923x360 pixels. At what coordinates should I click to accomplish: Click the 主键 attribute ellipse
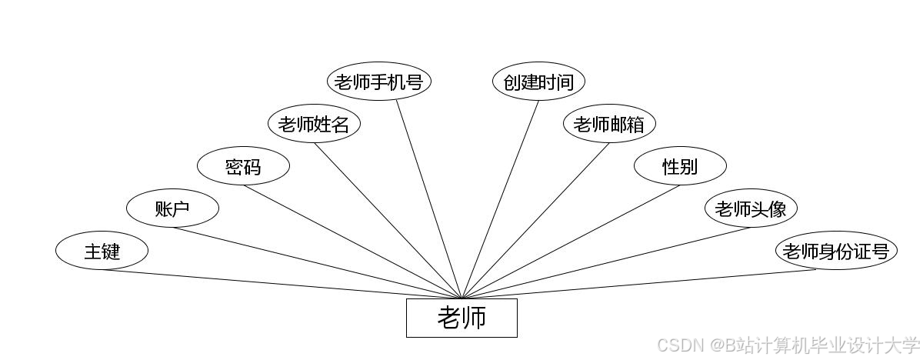pos(102,251)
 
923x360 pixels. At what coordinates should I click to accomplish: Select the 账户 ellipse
pos(172,208)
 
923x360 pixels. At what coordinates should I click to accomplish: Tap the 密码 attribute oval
pos(243,166)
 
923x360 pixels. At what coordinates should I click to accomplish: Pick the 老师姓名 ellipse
pos(314,124)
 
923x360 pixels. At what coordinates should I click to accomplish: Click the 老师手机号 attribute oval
pos(378,82)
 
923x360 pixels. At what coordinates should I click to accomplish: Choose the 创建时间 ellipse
pos(538,82)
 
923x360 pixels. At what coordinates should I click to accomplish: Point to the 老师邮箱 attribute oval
pos(609,124)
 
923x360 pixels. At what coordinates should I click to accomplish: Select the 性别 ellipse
pos(680,166)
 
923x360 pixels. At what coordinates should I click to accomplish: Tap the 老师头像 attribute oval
pos(751,208)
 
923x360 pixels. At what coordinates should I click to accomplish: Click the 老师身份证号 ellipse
pos(836,251)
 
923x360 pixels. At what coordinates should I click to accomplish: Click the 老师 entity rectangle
pos(461,318)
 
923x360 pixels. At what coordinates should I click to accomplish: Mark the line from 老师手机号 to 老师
pos(428,198)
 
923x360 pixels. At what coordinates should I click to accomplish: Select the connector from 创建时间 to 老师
pos(501,198)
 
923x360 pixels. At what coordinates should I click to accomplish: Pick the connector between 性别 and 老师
pos(571,242)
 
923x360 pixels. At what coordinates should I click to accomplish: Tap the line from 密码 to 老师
pos(354,242)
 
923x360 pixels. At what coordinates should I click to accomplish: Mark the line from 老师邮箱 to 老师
pos(535,220)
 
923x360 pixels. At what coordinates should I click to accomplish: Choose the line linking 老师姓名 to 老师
pos(388,220)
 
